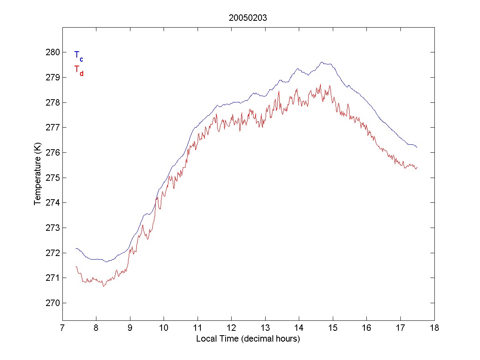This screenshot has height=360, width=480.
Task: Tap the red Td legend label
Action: (x=78, y=70)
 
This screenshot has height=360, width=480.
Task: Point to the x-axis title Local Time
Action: (x=248, y=339)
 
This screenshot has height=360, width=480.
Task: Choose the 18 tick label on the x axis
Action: (x=434, y=328)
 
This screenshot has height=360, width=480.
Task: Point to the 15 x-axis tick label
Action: (x=333, y=328)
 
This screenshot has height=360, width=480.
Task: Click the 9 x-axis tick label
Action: (x=130, y=328)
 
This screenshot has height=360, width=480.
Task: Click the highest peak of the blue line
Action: (x=322, y=62)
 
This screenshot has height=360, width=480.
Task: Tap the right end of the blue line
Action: (x=417, y=147)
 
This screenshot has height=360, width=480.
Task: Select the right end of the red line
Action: (x=417, y=167)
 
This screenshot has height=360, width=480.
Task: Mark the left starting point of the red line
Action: (x=76, y=266)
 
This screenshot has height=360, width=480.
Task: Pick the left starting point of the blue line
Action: (x=76, y=248)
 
